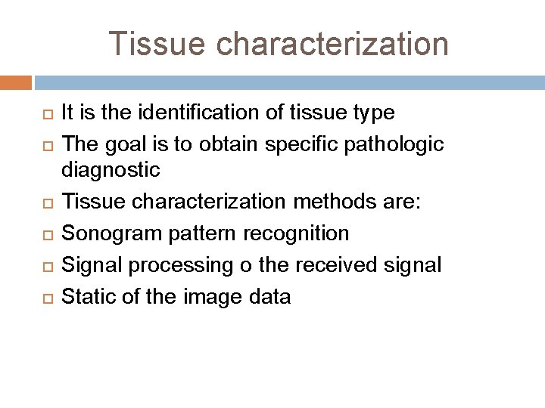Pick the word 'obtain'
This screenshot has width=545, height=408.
pos(217,142)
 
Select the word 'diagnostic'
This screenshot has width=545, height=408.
pos(111,171)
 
